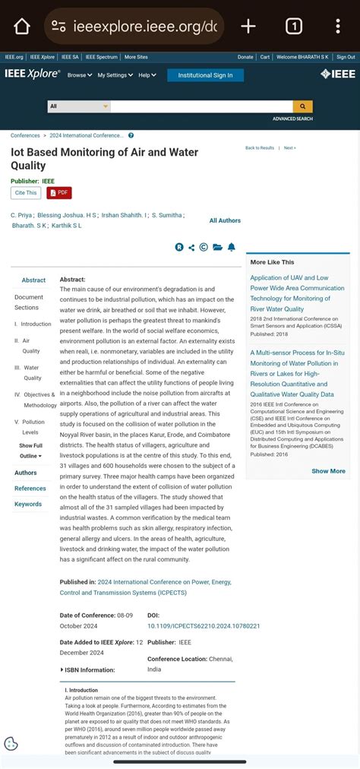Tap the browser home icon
point(21,27)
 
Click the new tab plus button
point(248,27)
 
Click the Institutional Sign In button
point(205,75)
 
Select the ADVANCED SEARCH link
point(292,119)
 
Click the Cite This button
point(26,193)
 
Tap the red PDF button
point(59,193)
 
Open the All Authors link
point(225,220)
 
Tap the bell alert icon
point(231,247)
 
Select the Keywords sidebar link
point(28,504)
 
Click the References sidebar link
point(30,489)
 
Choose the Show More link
point(328,471)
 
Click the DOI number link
point(204,626)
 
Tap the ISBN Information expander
point(87,669)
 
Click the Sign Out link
point(346,57)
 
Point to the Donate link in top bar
point(245,57)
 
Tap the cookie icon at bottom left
point(11,744)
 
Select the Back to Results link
point(260,148)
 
